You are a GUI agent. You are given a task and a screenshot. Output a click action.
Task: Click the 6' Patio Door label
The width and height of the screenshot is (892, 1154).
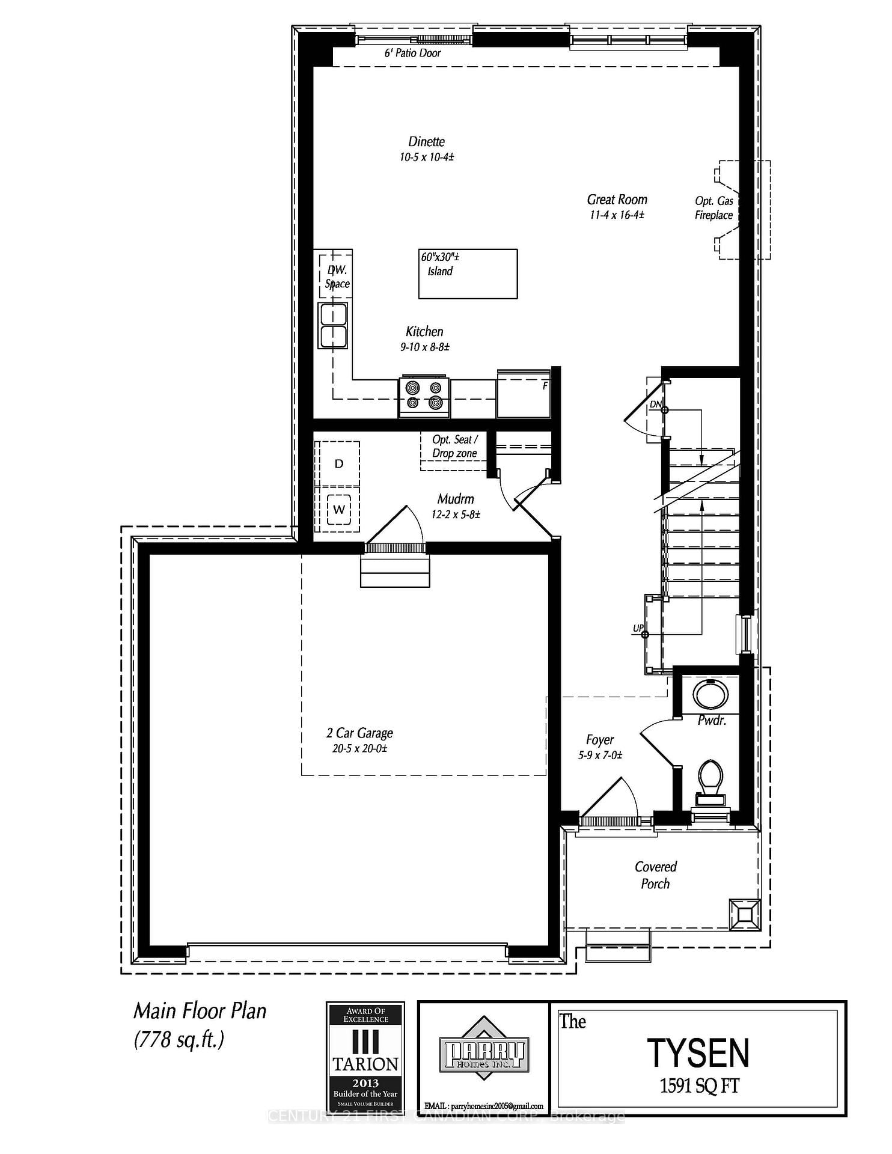click(x=412, y=53)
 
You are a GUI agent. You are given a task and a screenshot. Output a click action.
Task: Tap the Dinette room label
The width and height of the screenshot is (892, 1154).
click(x=426, y=142)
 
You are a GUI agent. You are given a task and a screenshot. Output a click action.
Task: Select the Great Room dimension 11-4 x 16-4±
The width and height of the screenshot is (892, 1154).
click(x=617, y=215)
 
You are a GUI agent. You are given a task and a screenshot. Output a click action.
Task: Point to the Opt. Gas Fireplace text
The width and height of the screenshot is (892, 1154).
click(x=714, y=208)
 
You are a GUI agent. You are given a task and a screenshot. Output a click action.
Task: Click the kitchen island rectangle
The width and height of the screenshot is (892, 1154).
click(x=468, y=274)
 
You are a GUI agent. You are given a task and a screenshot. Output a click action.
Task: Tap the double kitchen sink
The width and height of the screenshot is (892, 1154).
click(x=333, y=326)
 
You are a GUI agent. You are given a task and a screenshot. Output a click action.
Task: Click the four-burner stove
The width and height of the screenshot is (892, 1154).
click(x=424, y=396)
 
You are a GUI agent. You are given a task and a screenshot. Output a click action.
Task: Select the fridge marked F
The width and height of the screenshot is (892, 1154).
click(x=523, y=395)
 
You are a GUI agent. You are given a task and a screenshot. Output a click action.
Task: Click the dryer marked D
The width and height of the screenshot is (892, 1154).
click(x=338, y=463)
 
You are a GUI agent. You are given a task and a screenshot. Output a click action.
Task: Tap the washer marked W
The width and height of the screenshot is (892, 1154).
click(x=338, y=510)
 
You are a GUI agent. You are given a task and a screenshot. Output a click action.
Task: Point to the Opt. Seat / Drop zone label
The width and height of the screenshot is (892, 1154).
click(x=454, y=447)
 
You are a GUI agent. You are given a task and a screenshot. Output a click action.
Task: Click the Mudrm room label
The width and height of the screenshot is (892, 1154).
click(x=455, y=499)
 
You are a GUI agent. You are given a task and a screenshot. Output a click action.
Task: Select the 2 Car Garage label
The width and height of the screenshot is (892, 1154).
click(x=359, y=733)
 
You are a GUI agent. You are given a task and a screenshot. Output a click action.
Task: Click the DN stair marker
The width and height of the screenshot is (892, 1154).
click(x=655, y=405)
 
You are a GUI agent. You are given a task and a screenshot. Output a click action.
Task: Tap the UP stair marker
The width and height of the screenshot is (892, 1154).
click(x=638, y=628)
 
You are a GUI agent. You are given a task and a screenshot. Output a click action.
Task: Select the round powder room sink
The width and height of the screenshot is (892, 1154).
click(x=710, y=694)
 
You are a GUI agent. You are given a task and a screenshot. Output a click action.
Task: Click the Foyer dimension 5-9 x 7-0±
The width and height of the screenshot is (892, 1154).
click(x=600, y=756)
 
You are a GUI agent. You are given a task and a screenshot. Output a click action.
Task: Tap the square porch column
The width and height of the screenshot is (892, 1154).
click(x=744, y=915)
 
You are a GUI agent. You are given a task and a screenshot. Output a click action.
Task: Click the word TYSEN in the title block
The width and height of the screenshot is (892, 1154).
click(x=698, y=1054)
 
